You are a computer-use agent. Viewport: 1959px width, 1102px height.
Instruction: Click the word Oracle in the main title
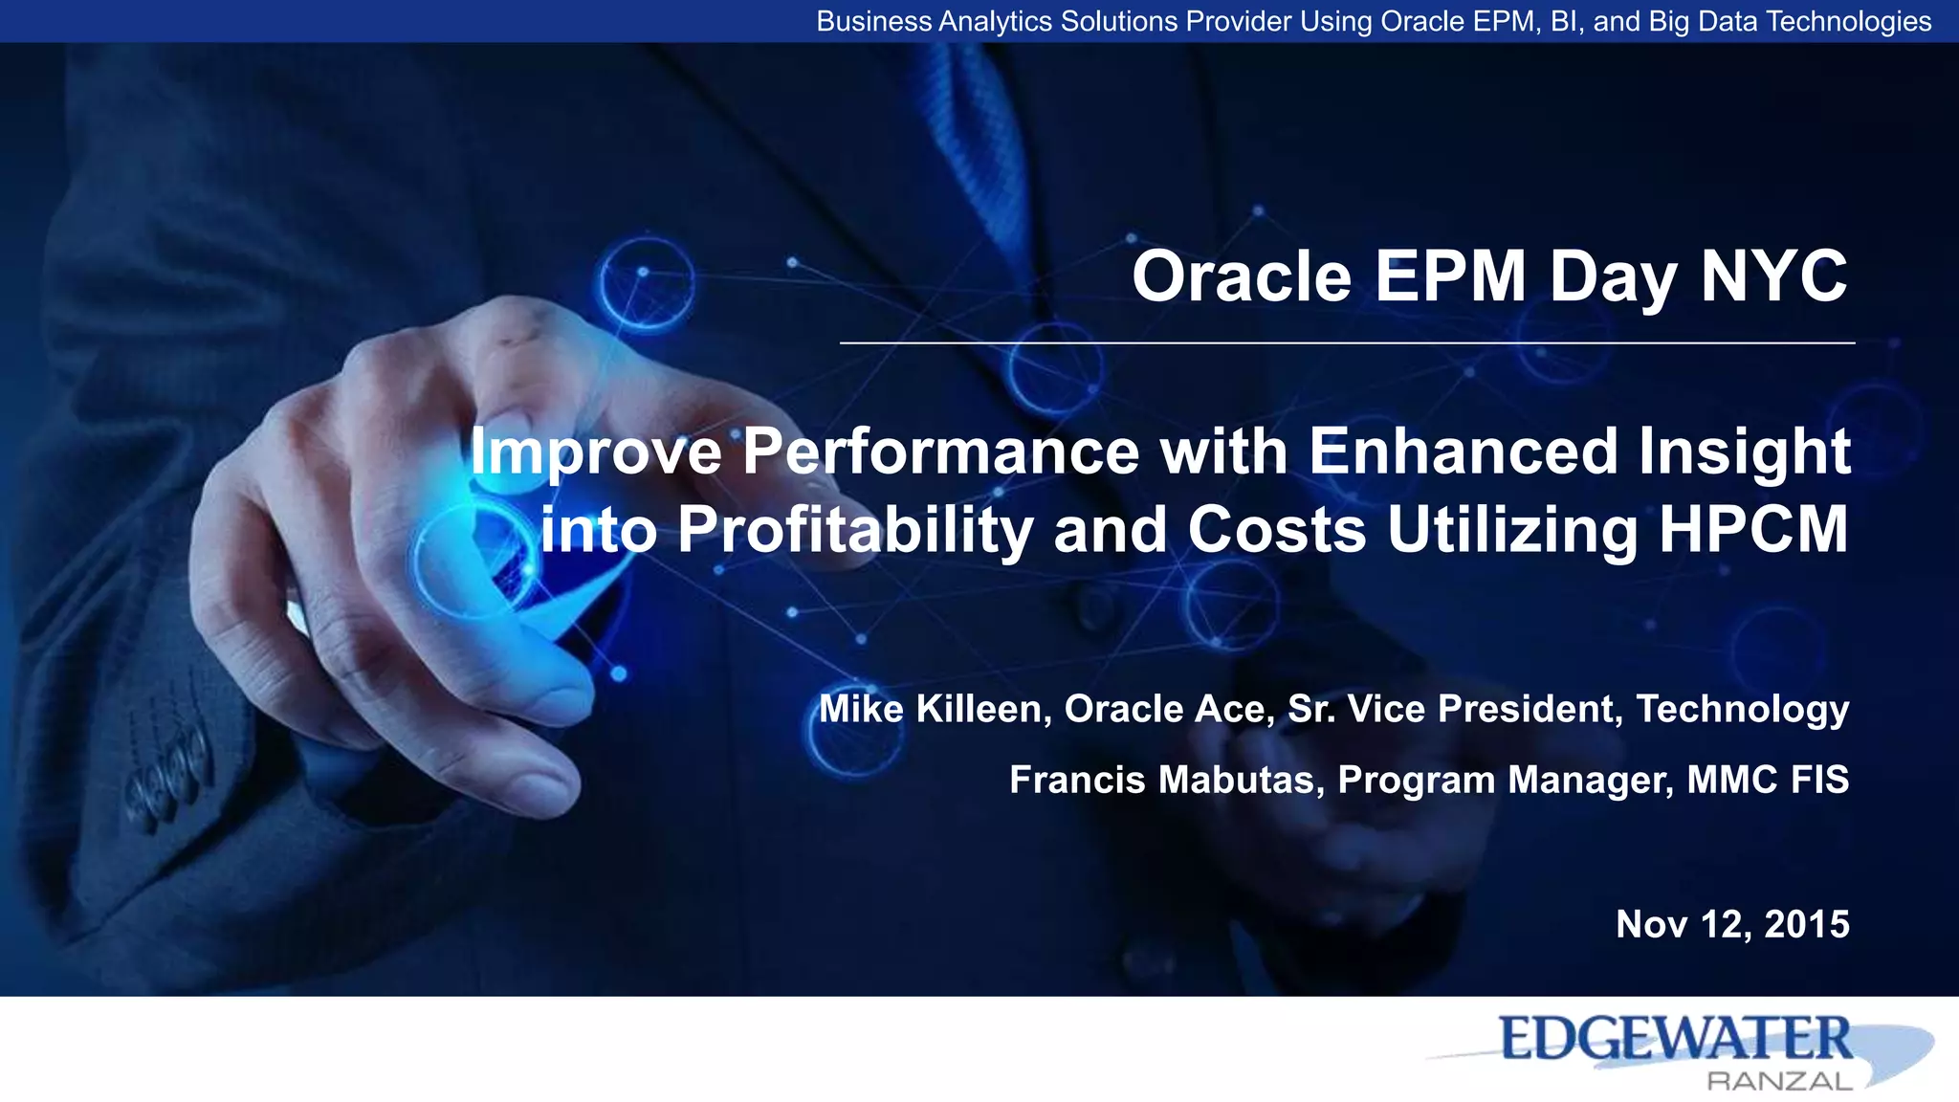tap(1242, 277)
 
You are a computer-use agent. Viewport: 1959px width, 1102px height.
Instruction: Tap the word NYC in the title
tap(1773, 277)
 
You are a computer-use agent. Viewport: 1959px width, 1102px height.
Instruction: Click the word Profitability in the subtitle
tap(854, 530)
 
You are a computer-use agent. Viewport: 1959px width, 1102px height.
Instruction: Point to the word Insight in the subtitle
tap(1744, 452)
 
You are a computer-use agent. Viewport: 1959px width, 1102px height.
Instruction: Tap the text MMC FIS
tap(1767, 781)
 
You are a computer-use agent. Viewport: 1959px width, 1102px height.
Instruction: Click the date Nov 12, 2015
tap(1731, 925)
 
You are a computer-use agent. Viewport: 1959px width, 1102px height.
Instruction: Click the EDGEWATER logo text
tap(1675, 1040)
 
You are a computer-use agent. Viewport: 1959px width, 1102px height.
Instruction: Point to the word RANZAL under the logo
tap(1779, 1082)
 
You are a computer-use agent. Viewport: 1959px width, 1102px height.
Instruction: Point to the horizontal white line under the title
tap(1347, 342)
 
